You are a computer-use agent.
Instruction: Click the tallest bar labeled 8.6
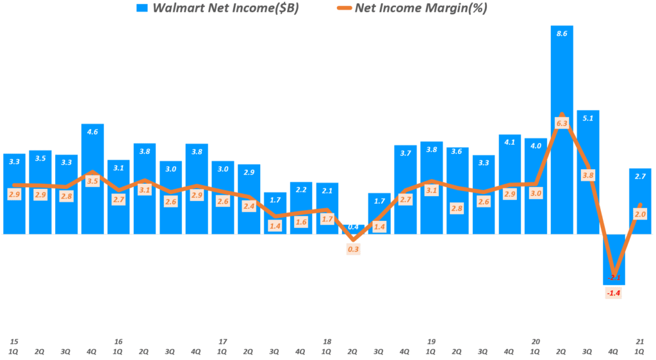562,128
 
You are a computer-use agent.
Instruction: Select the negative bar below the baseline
614,259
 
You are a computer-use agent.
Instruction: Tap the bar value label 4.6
92,132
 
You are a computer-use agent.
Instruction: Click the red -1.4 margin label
614,293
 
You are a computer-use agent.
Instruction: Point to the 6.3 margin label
562,123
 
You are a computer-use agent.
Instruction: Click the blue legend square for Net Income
142,8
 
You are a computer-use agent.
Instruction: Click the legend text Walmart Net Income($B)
224,8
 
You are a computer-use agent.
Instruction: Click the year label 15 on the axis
13,342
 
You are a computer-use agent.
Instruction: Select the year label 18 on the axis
327,342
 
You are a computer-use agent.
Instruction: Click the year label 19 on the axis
431,342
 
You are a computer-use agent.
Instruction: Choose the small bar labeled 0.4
352,230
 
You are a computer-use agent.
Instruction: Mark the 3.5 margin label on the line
92,181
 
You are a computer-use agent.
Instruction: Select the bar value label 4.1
510,142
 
